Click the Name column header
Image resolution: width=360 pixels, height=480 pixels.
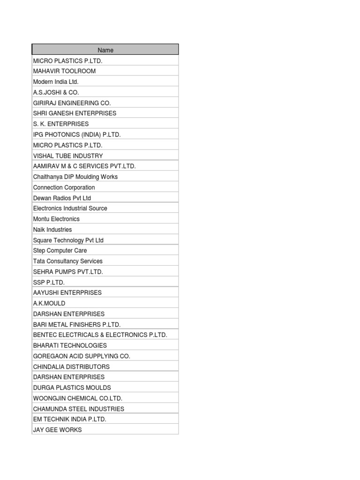tap(105, 50)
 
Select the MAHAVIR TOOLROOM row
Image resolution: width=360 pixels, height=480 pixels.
tap(64, 71)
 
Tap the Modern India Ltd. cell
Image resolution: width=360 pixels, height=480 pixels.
tap(56, 82)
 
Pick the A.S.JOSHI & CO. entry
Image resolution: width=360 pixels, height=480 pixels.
tap(56, 92)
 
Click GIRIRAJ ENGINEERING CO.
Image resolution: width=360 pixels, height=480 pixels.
tap(72, 103)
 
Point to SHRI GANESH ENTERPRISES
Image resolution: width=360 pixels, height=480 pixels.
tap(75, 113)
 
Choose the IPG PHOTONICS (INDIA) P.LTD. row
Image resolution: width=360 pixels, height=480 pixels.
tap(77, 135)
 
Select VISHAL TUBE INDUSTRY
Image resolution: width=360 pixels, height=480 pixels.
tap(68, 156)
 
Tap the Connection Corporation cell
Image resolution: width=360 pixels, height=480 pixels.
tap(64, 187)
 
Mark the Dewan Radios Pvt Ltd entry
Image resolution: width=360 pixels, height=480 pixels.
tap(62, 198)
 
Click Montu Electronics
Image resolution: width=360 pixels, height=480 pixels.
tap(56, 219)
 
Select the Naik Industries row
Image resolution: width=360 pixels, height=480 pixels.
tap(52, 230)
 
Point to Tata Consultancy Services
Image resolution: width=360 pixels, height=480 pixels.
tap(67, 261)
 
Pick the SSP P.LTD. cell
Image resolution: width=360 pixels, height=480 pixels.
tap(49, 282)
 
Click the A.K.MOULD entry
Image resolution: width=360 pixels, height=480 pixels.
tap(49, 303)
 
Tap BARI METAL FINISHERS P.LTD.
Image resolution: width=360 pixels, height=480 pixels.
tap(77, 324)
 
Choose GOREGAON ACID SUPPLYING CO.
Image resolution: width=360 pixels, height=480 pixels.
tap(82, 356)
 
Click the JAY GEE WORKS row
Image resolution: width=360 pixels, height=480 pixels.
tap(57, 430)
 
